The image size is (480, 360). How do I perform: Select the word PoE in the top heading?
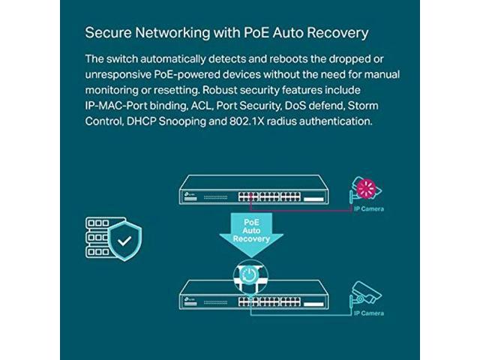pyautogui.click(x=256, y=32)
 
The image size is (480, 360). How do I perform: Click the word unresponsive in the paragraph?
pyautogui.click(x=118, y=75)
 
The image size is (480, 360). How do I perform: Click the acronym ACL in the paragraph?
pyautogui.click(x=202, y=106)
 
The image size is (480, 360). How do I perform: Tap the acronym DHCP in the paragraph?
pyautogui.click(x=141, y=121)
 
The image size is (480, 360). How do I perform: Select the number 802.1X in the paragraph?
pyautogui.click(x=247, y=121)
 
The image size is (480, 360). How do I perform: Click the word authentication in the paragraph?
pyautogui.click(x=335, y=121)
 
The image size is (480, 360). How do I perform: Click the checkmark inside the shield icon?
pyautogui.click(x=124, y=241)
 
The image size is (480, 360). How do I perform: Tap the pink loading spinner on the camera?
pyautogui.click(x=367, y=188)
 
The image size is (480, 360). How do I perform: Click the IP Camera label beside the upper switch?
pyautogui.click(x=368, y=209)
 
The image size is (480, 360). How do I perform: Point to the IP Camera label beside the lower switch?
pyautogui.click(x=368, y=313)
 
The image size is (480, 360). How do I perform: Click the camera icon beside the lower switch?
pyautogui.click(x=365, y=294)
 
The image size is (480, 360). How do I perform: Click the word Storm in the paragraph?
pyautogui.click(x=363, y=106)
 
